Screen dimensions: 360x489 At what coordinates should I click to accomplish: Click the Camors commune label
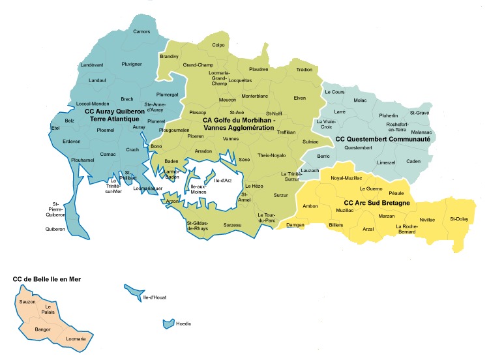click(x=141, y=31)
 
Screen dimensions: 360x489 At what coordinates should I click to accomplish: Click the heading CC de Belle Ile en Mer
click(x=52, y=279)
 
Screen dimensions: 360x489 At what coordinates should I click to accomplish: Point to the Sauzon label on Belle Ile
click(x=27, y=302)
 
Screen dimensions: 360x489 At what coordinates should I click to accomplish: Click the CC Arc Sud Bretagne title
click(x=376, y=203)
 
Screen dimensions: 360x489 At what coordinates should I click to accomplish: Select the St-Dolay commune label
click(x=459, y=219)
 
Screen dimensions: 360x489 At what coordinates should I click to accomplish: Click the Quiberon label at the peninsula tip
click(x=55, y=229)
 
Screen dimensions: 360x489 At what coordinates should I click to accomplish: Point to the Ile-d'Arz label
click(x=224, y=181)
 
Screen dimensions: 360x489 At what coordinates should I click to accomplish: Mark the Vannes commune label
click(x=231, y=139)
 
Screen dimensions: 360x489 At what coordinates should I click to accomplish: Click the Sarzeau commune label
click(x=233, y=225)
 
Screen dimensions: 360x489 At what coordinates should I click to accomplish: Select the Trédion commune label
click(x=304, y=68)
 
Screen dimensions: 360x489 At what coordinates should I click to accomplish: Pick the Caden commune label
click(x=413, y=161)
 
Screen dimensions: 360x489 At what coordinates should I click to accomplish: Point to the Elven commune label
click(x=300, y=98)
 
